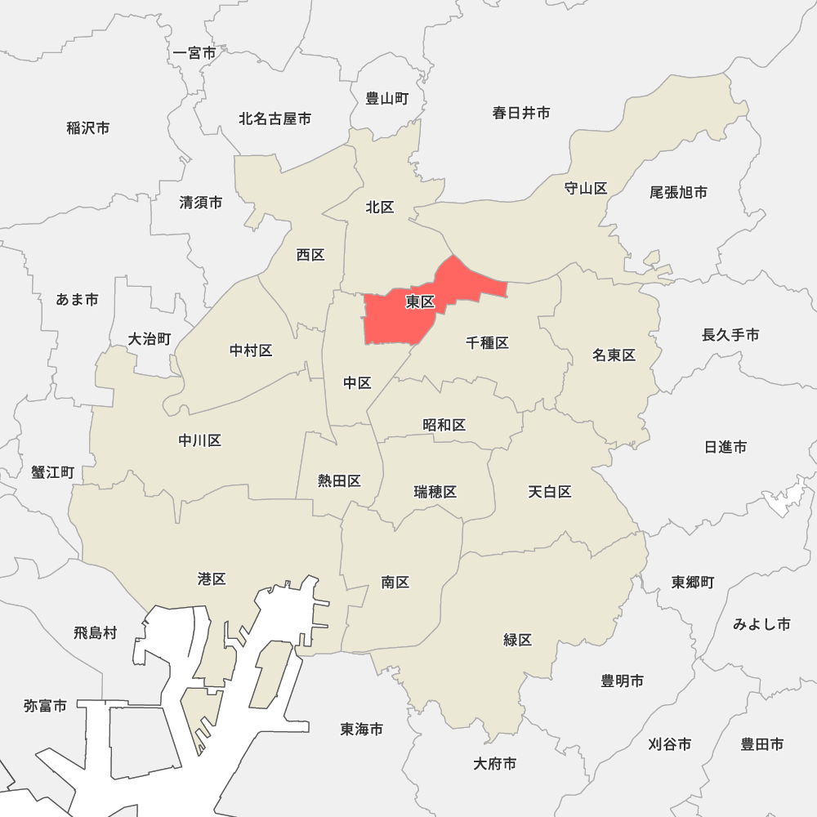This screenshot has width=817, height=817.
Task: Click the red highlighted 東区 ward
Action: pyautogui.click(x=408, y=315)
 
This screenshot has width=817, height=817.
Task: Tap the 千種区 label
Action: pyautogui.click(x=488, y=343)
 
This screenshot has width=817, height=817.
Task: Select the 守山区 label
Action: pyautogui.click(x=586, y=189)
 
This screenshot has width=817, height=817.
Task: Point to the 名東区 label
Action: pyautogui.click(x=614, y=355)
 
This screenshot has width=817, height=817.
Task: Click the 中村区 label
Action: pyautogui.click(x=251, y=350)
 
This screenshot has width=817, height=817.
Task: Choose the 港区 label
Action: pyautogui.click(x=212, y=579)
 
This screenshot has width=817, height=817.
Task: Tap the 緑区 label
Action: pyautogui.click(x=518, y=640)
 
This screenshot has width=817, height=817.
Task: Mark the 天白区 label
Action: pyautogui.click(x=549, y=492)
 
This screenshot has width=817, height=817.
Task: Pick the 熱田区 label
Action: pyautogui.click(x=340, y=481)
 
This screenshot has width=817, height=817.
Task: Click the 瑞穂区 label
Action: pyautogui.click(x=435, y=492)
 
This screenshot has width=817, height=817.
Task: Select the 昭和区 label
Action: pyautogui.click(x=444, y=425)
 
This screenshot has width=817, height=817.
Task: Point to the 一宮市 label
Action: pyautogui.click(x=195, y=53)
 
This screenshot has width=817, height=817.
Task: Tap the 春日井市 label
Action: pyautogui.click(x=521, y=113)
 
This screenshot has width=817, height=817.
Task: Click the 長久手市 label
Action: pyautogui.click(x=730, y=335)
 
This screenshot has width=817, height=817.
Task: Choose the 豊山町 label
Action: pyautogui.click(x=387, y=99)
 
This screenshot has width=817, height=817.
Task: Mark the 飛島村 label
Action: pyautogui.click(x=96, y=633)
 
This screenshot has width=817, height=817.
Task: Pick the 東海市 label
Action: pyautogui.click(x=362, y=730)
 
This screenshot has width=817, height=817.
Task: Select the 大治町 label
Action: pyautogui.click(x=150, y=339)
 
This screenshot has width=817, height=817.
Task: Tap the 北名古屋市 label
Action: pyautogui.click(x=275, y=119)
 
